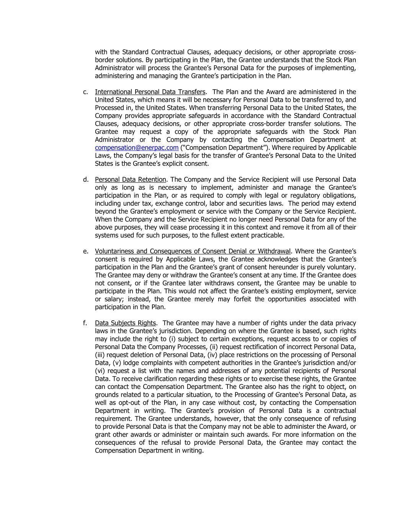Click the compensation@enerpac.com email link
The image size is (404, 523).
tap(136, 148)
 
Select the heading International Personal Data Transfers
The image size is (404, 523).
tap(150, 92)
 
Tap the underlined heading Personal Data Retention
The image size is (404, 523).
tap(130, 180)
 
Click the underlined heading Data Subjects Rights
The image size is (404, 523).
tap(125, 323)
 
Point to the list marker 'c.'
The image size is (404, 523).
tap(85, 92)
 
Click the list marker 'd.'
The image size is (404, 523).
tap(85, 180)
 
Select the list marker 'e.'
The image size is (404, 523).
tap(85, 251)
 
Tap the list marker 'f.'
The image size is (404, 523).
tap(85, 323)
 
